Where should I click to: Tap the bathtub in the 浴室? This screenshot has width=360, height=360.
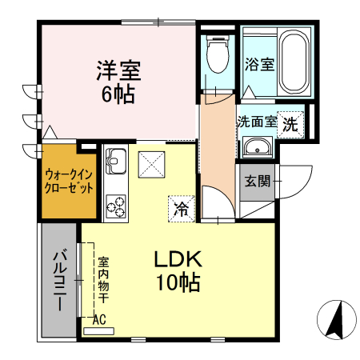[292, 63]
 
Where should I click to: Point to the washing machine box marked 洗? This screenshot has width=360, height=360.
[292, 124]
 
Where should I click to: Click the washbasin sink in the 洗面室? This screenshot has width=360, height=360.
[257, 148]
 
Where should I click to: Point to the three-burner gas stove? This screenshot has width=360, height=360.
[115, 205]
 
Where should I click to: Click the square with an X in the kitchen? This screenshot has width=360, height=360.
[150, 166]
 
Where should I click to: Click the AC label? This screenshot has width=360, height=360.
[100, 319]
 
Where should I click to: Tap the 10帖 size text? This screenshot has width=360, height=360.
[178, 282]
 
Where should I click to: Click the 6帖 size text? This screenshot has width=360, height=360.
[118, 94]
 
